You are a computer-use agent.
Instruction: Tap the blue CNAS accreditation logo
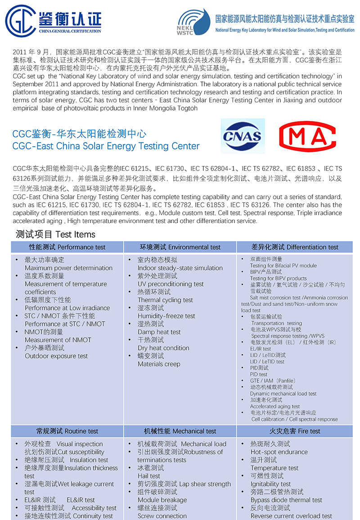[x=243, y=136]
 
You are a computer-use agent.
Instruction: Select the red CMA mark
[x=307, y=136]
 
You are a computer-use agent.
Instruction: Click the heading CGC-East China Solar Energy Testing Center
[x=106, y=146]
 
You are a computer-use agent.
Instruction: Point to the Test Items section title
[x=56, y=234]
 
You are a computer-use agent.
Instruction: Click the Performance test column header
[x=67, y=247]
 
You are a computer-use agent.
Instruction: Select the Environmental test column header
[x=180, y=247]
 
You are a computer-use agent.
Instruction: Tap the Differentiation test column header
[x=295, y=247]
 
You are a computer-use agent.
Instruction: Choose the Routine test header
[x=67, y=431]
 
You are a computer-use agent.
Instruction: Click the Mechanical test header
[x=180, y=431]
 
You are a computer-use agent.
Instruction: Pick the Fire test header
[x=295, y=431]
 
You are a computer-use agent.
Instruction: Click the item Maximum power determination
[x=68, y=268]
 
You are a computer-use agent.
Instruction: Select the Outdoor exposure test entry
[x=56, y=356]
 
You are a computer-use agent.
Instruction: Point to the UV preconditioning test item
[x=171, y=284]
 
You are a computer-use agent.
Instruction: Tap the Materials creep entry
[x=159, y=364]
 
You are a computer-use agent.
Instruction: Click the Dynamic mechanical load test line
[x=283, y=394]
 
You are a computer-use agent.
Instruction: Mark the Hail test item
[x=149, y=476]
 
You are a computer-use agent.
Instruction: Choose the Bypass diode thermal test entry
[x=286, y=500]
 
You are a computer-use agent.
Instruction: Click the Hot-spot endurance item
[x=279, y=452]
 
